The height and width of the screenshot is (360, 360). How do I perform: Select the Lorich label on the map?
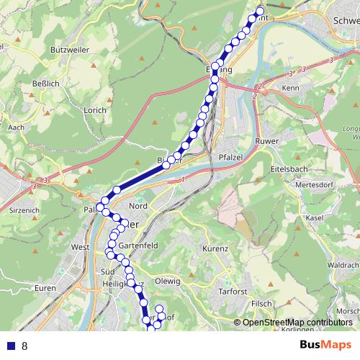[95, 110]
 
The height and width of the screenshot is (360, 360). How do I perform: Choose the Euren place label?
[45, 288]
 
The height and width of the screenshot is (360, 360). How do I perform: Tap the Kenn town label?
[291, 88]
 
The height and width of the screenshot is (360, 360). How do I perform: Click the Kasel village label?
[314, 217]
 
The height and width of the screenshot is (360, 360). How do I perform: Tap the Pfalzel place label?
[228, 157]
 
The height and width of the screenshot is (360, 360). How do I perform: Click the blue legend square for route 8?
[10, 346]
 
